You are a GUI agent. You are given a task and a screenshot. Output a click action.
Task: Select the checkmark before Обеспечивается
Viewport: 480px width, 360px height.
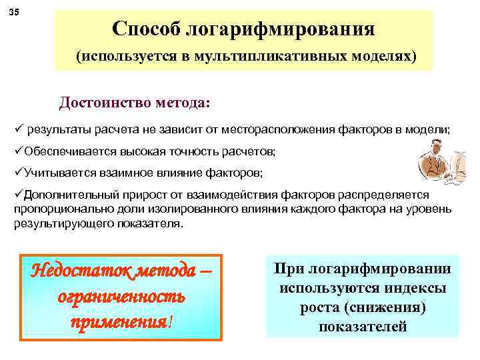click(x=18, y=151)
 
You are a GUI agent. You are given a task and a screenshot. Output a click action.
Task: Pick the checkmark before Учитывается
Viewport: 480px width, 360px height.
click(x=18, y=173)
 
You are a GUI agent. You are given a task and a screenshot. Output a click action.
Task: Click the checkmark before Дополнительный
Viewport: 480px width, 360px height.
click(x=18, y=194)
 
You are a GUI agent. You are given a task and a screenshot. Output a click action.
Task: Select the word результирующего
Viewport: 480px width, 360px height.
click(x=56, y=224)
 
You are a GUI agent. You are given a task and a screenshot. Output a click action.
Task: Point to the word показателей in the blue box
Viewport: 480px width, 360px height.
click(x=363, y=326)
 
